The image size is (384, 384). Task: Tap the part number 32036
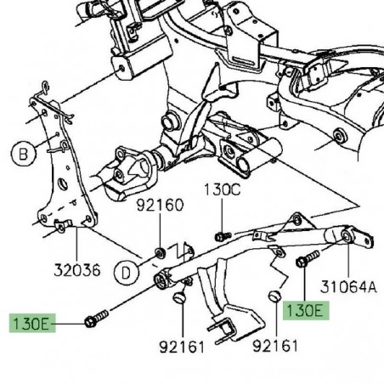tap(74, 270)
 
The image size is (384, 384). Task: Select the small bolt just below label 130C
tap(221, 234)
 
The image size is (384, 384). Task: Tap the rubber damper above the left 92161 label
tap(178, 297)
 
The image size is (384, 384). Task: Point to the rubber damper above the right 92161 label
tap(275, 296)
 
